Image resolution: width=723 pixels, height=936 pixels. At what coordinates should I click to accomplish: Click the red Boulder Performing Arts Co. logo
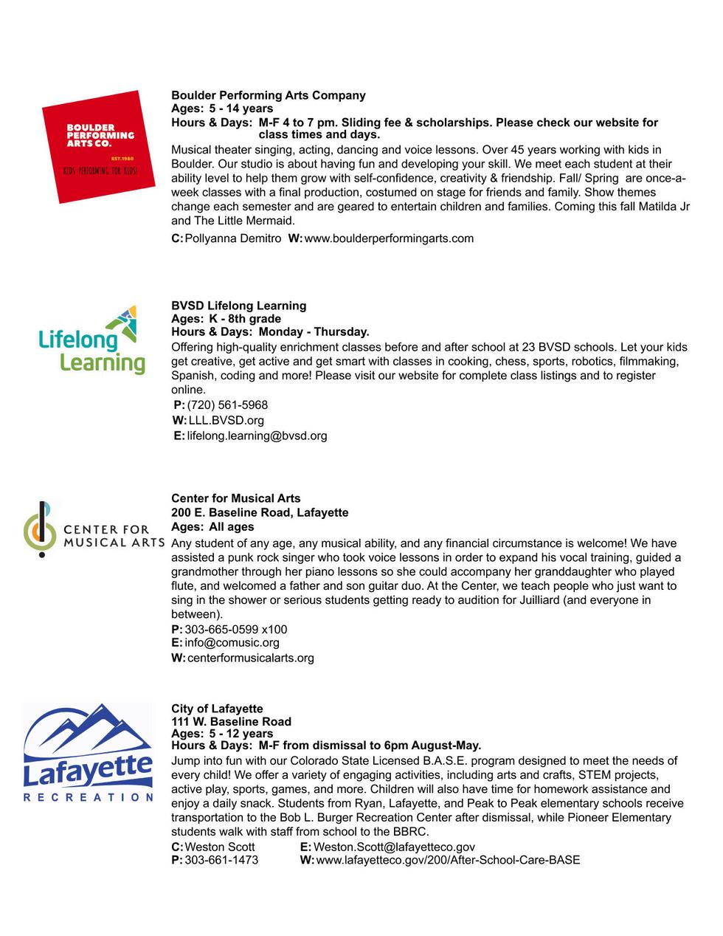coord(91,146)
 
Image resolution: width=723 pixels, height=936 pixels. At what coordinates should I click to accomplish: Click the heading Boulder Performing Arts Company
coord(269,95)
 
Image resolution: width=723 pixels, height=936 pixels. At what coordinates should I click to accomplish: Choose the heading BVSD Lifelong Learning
coord(238,306)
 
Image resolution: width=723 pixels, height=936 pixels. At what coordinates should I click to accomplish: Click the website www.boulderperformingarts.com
coord(389,238)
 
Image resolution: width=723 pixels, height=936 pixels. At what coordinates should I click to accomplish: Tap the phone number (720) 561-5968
coord(227,405)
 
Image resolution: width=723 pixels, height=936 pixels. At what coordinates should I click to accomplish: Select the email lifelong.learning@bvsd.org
coord(257,436)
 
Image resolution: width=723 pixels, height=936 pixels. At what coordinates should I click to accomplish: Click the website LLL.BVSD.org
coord(226,421)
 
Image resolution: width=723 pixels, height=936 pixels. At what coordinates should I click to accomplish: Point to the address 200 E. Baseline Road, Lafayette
coord(260,512)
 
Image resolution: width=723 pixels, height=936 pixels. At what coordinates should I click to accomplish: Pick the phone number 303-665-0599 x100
coord(236,630)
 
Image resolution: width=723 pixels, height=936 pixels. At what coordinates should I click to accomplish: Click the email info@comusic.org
coord(232,643)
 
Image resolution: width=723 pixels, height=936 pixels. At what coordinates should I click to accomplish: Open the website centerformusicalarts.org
coord(251,658)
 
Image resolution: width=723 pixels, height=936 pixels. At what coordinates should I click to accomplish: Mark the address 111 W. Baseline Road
coord(231,721)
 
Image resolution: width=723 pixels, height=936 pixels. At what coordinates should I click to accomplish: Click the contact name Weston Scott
coord(220,847)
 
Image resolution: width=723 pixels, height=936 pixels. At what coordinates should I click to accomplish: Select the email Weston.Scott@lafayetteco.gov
coord(394,847)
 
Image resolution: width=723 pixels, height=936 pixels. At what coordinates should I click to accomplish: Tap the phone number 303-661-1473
coord(221,860)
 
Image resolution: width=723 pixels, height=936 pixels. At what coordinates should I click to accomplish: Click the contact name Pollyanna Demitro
coord(233,238)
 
